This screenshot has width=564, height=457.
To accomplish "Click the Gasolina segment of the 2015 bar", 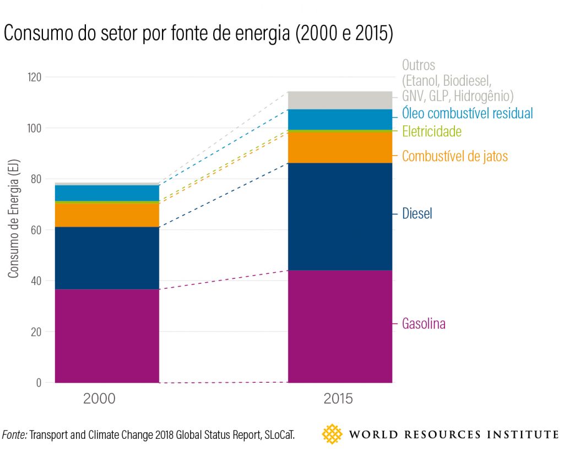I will (340, 326).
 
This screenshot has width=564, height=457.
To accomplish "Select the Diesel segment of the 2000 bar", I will (107, 258).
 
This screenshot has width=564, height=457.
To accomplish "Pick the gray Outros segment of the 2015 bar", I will (340, 100).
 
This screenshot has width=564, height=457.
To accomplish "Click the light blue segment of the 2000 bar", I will (107, 193).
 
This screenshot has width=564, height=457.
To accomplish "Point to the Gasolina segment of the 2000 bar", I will (107, 335).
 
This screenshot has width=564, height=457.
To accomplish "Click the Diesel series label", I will (417, 214).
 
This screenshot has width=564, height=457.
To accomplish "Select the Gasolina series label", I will (424, 324).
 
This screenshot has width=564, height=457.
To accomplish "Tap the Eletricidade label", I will (432, 131).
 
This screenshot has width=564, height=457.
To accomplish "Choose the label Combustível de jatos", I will (455, 156).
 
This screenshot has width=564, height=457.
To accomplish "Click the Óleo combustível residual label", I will (468, 113).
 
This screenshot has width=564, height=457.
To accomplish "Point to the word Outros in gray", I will (419, 65).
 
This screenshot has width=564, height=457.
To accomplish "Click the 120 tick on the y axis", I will (34, 77).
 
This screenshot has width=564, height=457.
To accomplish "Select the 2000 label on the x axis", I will (100, 399).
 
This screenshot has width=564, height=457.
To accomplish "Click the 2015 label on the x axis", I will (337, 399).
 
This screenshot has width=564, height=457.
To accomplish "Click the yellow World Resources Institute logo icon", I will (332, 434).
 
